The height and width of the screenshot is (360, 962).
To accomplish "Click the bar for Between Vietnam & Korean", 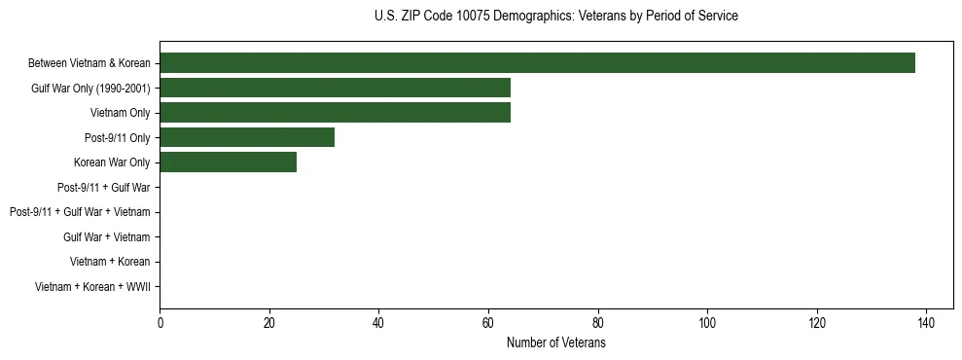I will [537, 63].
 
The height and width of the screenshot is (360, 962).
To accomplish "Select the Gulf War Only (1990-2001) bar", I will [335, 89].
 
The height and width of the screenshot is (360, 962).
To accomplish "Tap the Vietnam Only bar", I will [335, 113].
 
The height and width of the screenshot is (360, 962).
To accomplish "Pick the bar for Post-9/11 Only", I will [247, 137].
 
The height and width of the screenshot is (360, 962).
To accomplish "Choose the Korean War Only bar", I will [228, 162].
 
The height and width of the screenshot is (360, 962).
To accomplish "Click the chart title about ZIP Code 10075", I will [555, 17].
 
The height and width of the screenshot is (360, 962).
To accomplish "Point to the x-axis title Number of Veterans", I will [555, 343].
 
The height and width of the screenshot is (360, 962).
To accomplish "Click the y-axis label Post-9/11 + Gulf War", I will [104, 187].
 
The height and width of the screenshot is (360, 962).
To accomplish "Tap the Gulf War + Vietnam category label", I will [106, 236].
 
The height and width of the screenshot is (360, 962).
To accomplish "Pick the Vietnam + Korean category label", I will [110, 262].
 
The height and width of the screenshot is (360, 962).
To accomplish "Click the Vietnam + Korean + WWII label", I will [92, 286].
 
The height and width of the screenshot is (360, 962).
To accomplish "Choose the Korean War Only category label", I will [112, 162].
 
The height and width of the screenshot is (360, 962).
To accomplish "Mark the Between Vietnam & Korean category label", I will [89, 63].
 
